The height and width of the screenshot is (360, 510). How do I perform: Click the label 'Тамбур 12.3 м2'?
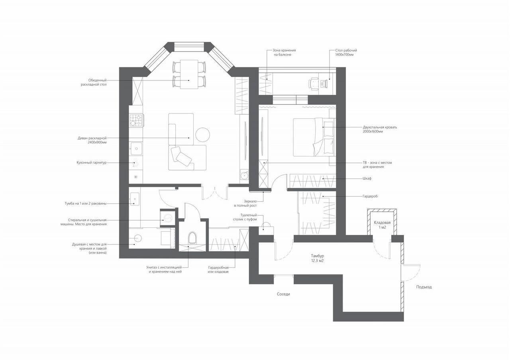click(318, 258)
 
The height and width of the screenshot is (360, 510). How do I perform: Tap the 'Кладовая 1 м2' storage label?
click(382, 225)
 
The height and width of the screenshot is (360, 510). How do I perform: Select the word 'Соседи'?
click(283, 294)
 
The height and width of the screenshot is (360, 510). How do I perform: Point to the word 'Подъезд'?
click(424, 287)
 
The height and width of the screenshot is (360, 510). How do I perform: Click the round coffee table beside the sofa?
click(203, 135)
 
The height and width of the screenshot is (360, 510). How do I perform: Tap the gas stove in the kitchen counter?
click(136, 121)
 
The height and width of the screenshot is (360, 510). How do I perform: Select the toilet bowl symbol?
click(192, 238)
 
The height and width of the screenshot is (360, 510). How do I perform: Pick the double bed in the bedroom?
click(314, 137)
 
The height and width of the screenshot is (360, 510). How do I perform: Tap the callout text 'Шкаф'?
click(367, 178)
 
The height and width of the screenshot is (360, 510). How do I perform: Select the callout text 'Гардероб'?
click(370, 196)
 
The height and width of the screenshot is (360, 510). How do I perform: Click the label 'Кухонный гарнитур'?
click(92, 163)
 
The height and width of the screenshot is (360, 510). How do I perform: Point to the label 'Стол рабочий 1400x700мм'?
click(346, 53)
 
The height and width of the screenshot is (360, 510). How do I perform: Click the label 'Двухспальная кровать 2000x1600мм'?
click(380, 129)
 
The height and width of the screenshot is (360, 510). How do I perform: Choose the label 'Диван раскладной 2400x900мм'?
click(92, 140)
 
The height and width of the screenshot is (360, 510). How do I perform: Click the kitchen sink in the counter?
click(136, 149)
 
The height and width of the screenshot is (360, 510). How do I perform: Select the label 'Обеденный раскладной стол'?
click(94, 82)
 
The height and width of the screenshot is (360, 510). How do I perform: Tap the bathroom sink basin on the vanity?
click(135, 199)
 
